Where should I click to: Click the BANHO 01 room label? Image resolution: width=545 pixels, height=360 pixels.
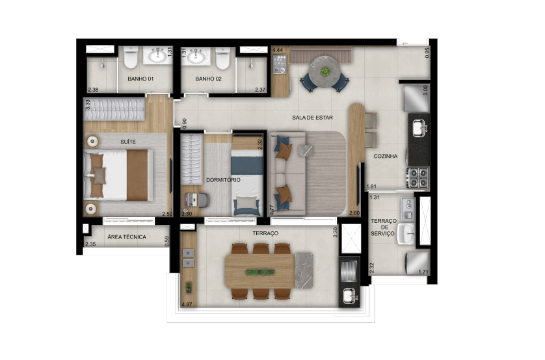click(x=140, y=79)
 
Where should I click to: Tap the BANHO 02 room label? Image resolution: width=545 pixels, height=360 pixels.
click(x=208, y=79)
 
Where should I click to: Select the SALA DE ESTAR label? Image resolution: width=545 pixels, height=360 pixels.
click(x=312, y=118)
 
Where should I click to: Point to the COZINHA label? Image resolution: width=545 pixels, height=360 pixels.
click(x=385, y=156)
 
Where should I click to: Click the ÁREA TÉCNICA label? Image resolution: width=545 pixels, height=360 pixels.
click(x=127, y=237)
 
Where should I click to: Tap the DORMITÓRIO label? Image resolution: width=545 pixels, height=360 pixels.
click(x=223, y=180)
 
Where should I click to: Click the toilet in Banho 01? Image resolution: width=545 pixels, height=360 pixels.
click(x=131, y=57)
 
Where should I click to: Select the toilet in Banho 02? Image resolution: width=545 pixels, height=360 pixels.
click(x=222, y=58)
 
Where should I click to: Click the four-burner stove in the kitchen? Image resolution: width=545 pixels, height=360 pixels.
click(x=418, y=178)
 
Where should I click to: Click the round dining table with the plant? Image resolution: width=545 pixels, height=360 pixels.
click(x=325, y=71)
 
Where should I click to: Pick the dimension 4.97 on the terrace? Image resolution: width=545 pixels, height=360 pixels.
click(x=187, y=305)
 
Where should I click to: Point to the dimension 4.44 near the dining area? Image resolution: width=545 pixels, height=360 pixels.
click(x=277, y=50)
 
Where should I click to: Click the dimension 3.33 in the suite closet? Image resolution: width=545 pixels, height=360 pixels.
click(x=88, y=105)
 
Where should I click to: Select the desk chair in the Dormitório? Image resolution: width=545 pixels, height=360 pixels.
click(x=204, y=200)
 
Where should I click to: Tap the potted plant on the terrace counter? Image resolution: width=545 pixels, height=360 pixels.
click(x=189, y=287)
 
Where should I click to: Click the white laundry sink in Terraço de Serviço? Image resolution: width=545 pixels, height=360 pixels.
click(x=406, y=234)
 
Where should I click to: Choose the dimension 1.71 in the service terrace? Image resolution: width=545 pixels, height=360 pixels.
click(x=423, y=272)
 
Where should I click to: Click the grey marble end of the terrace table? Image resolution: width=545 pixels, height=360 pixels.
click(x=304, y=271)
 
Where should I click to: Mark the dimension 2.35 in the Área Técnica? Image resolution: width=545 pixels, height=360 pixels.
click(x=90, y=244)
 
